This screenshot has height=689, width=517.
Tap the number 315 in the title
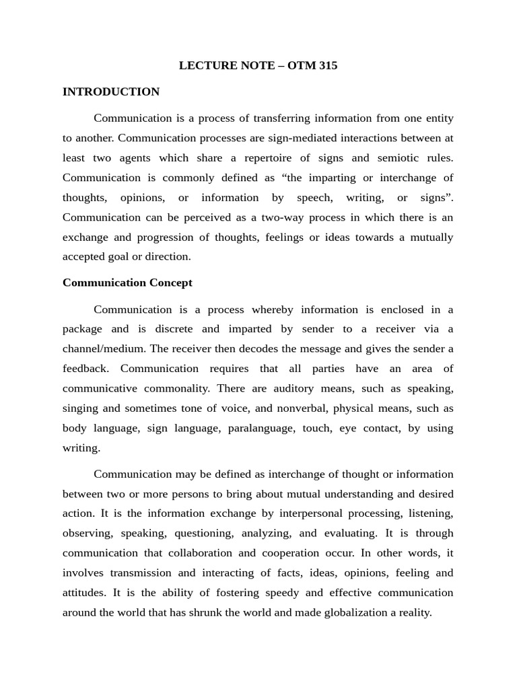[325, 66]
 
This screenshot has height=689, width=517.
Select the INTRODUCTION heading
[111, 92]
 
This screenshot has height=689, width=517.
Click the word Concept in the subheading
[172, 283]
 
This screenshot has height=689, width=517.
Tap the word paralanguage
[258, 428]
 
